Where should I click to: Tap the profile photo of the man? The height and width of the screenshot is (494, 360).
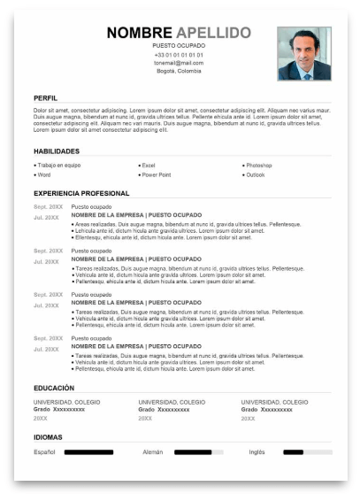303,53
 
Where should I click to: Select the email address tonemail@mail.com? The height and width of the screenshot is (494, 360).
178,63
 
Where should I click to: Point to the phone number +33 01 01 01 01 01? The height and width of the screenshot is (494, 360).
178,55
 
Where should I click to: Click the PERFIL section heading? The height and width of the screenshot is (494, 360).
45,97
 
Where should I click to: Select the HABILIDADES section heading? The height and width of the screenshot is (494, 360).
57,151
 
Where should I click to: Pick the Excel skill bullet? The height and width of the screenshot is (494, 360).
148,166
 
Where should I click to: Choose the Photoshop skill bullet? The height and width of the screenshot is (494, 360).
259,166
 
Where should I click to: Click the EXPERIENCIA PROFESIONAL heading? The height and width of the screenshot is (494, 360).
81,193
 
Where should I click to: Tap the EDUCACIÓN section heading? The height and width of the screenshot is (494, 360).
53,388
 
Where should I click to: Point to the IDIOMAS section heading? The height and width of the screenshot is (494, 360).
48,437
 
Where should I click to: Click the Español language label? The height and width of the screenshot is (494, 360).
44,452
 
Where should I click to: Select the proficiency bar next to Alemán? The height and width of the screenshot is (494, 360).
198,452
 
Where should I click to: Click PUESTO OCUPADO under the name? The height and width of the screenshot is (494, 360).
178,46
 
